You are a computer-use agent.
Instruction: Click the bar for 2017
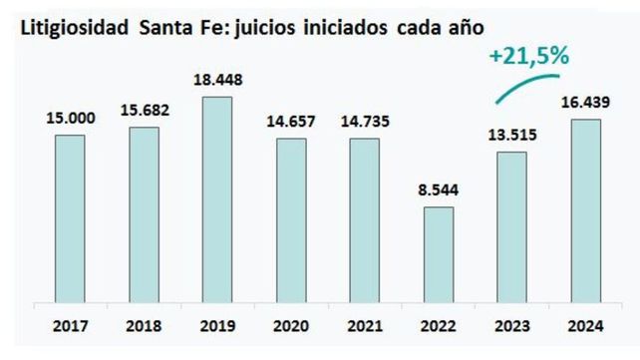coord(70,216)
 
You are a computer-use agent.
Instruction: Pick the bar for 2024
coord(585,209)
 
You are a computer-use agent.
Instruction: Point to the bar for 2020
coord(290,218)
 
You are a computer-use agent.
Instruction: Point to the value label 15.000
coord(69,118)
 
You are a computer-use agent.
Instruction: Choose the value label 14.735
coord(364,122)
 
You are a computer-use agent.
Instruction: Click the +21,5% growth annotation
coord(527,56)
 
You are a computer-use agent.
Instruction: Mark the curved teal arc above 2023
coord(532,85)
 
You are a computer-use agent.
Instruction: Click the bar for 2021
coord(364,218)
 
